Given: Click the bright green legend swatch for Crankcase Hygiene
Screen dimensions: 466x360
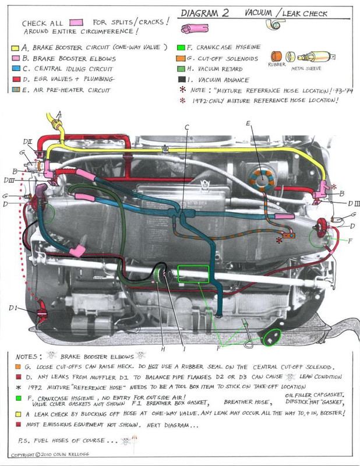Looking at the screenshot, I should point(182,47).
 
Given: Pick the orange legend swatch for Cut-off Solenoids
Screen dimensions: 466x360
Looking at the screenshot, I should point(182,58).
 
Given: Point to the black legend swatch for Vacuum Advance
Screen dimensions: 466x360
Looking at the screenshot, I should point(182,79).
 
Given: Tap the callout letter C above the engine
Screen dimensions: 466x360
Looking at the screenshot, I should point(186,127).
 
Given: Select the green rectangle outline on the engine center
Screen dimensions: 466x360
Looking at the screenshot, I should point(193,274).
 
